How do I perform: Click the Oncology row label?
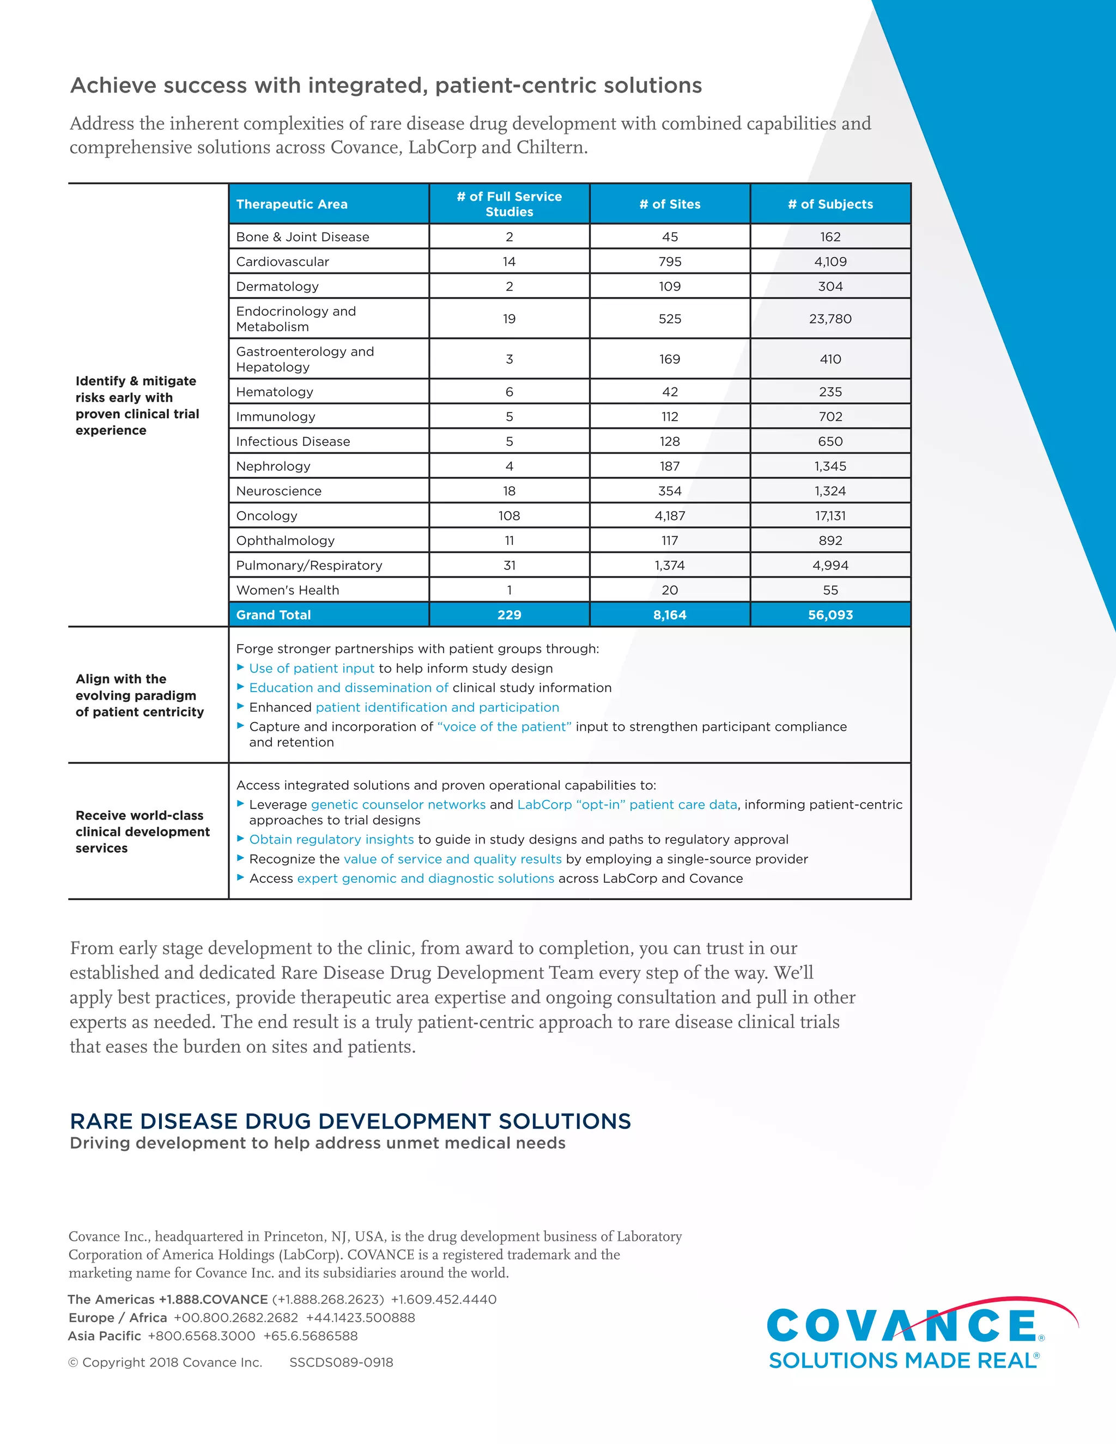(266, 515)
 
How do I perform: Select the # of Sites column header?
(670, 204)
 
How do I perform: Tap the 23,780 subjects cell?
(830, 319)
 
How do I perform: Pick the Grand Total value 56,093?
(830, 615)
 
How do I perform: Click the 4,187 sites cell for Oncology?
(670, 515)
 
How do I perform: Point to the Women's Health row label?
(287, 590)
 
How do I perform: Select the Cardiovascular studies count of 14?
(509, 261)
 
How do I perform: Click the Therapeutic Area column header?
(292, 204)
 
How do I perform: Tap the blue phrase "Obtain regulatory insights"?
(331, 840)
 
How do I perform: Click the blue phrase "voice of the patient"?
(504, 726)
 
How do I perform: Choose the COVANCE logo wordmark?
(902, 1325)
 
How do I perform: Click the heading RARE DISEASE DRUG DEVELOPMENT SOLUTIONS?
(350, 1121)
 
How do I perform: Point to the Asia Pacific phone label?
(105, 1336)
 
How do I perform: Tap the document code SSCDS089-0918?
(341, 1362)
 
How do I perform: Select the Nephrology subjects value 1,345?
(830, 466)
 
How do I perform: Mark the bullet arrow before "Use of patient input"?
(241, 668)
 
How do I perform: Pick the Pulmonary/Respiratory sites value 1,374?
(670, 565)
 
